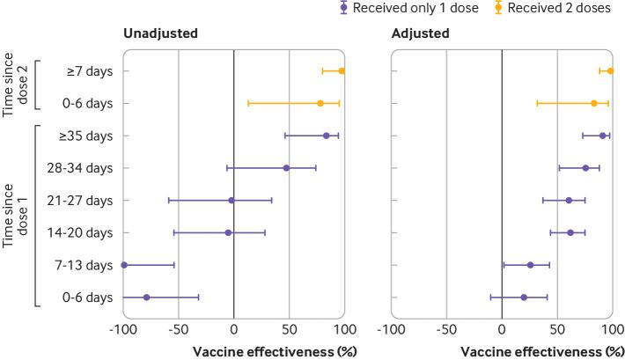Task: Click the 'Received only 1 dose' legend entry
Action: [421, 9]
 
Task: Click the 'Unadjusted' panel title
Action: [160, 34]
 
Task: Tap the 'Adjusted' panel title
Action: [420, 34]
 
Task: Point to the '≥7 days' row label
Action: [91, 71]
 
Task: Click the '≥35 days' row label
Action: [87, 136]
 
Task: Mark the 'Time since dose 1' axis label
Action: [15, 217]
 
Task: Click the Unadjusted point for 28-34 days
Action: [286, 168]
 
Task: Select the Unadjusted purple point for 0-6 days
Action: [146, 298]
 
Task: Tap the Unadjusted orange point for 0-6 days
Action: [320, 103]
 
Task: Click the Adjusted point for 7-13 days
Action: [530, 265]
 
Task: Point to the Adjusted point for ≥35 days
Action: [602, 136]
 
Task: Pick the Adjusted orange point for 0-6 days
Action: [593, 103]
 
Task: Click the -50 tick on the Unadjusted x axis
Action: [178, 329]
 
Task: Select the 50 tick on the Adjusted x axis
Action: [556, 329]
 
